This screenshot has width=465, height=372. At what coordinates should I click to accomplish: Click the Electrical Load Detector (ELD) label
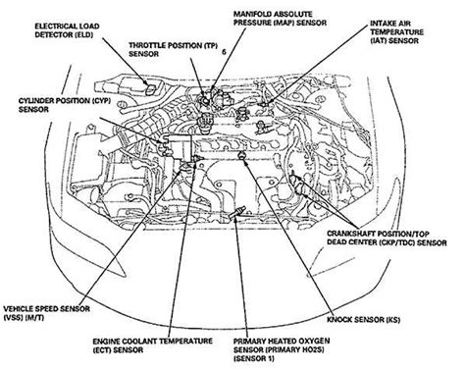[x=67, y=30]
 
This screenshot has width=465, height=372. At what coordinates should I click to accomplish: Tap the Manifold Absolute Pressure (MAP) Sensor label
[x=280, y=19]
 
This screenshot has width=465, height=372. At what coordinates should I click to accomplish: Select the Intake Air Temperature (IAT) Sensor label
[x=396, y=32]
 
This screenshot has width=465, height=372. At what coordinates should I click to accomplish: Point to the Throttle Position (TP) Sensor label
[x=173, y=49]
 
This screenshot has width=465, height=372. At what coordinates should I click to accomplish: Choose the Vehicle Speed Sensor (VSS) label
[x=47, y=313]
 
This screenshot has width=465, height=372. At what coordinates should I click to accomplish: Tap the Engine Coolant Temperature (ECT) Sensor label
[x=153, y=345]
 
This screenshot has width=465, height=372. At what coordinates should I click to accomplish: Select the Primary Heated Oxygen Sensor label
[x=282, y=349]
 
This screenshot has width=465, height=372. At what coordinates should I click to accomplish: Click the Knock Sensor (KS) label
[x=364, y=320]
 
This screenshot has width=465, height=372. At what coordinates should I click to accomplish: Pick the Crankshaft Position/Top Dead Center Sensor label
[x=387, y=239]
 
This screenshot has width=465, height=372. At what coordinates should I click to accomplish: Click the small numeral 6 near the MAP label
[x=224, y=52]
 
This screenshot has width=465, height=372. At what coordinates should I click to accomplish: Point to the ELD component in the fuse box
[x=151, y=89]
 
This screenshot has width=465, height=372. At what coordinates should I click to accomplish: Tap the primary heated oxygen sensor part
[x=238, y=212]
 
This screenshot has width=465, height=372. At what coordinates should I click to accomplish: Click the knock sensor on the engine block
[x=241, y=155]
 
